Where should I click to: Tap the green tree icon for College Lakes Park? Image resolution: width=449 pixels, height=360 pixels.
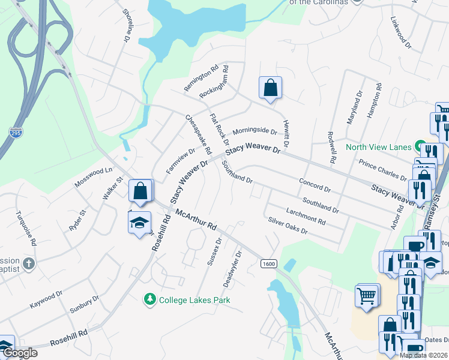coord(149,299)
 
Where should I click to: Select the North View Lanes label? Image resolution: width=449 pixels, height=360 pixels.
coord(378,147)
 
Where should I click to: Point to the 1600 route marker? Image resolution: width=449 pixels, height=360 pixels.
coord(268,264)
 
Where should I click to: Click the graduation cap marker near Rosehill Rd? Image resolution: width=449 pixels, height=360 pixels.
coord(139,223)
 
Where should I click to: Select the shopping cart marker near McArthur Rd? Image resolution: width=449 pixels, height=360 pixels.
coord(366,295)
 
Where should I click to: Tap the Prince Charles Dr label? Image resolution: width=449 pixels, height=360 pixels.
coord(382,170)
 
